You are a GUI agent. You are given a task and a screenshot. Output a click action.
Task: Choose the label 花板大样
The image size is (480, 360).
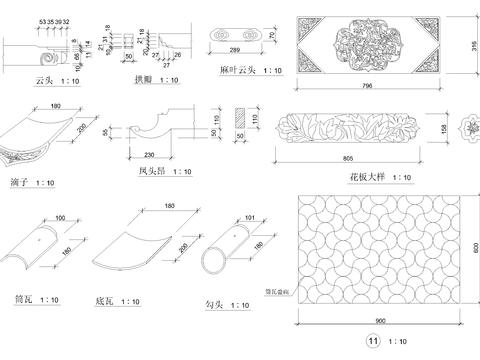click(x=366, y=177)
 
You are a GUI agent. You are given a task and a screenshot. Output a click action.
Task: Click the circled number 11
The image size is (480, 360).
click(x=373, y=343)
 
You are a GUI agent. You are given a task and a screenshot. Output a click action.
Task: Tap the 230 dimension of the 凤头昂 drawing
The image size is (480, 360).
click(x=150, y=154)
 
